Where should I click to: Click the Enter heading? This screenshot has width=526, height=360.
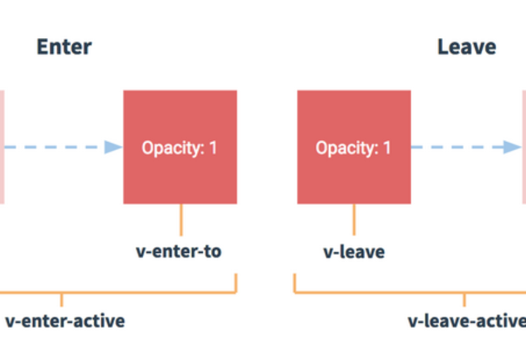(x=64, y=47)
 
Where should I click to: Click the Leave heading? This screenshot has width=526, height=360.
(x=466, y=47)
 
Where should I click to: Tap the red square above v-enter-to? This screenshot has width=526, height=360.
(x=180, y=147)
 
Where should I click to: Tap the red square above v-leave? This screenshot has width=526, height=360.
(x=354, y=147)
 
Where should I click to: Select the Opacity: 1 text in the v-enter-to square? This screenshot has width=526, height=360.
(x=179, y=148)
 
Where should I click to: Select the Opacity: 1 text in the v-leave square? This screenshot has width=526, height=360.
(x=353, y=148)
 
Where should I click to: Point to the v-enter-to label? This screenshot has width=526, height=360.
(x=179, y=251)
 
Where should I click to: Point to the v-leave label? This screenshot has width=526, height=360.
(x=354, y=252)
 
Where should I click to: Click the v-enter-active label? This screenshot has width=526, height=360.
(x=65, y=321)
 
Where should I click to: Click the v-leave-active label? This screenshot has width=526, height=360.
(x=467, y=321)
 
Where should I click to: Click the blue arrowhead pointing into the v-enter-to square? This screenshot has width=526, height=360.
(x=113, y=147)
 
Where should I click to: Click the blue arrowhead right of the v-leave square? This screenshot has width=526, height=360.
(x=512, y=147)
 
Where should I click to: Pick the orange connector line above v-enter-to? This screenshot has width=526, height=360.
(x=181, y=220)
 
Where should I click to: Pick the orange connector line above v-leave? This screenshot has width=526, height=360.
(x=354, y=220)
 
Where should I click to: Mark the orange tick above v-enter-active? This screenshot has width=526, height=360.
(x=61, y=300)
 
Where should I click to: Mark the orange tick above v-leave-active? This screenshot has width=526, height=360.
(x=465, y=300)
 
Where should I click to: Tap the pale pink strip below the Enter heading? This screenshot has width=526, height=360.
(x=2, y=147)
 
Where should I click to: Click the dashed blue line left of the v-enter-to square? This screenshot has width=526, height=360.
(x=55, y=147)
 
